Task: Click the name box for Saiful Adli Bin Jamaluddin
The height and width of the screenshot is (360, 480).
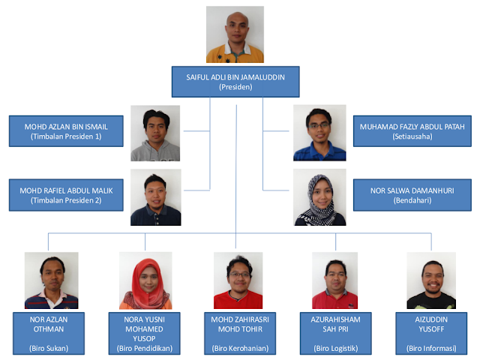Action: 235,81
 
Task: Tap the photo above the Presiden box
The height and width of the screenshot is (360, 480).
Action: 235,34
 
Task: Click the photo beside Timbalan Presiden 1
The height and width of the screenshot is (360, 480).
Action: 155,133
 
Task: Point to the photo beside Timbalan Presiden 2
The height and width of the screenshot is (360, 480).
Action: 155,197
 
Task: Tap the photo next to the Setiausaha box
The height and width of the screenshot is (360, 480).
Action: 319,133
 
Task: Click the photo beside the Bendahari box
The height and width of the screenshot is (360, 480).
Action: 319,197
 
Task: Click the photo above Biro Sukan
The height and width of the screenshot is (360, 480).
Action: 51,280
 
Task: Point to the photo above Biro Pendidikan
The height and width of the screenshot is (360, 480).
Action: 145,280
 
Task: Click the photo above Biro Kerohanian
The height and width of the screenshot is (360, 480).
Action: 238,280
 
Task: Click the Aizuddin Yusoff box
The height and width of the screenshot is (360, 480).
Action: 430,332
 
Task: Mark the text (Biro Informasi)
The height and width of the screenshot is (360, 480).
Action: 430,347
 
